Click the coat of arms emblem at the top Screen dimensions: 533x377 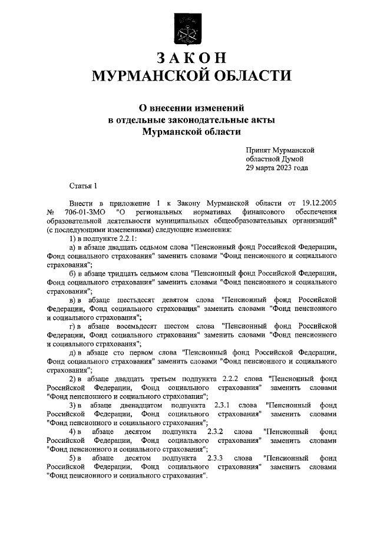[188, 29]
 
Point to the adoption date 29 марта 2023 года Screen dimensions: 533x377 [277, 167]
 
